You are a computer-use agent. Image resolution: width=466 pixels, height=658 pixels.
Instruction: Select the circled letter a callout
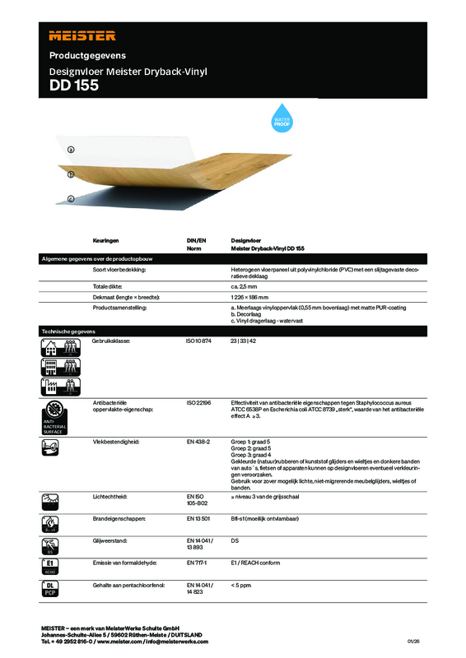pos(72,150)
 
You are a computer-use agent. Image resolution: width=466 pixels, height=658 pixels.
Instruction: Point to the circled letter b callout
pos(72,174)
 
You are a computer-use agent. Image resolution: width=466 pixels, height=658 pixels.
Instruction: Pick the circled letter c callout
pos(72,198)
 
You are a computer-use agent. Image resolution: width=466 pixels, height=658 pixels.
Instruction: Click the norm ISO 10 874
pos(199,340)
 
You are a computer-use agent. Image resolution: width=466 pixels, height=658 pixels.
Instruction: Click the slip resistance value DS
pos(235,542)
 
